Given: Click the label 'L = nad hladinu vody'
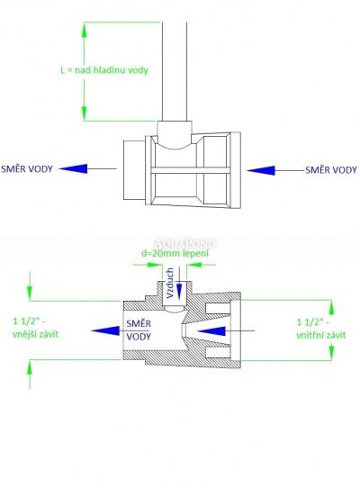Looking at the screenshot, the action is (104, 69).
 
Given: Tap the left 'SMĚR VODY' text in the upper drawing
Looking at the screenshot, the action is (27, 169).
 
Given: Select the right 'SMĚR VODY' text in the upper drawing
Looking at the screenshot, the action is (331, 170).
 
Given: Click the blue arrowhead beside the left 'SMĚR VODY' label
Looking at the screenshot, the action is (74, 168).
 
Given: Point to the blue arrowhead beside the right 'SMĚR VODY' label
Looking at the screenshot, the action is (261, 170).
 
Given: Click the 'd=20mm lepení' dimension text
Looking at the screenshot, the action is (175, 253).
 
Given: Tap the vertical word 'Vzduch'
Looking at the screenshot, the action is (170, 284).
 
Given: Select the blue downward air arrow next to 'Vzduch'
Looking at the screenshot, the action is (179, 284).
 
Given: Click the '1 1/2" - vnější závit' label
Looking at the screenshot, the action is (35, 328).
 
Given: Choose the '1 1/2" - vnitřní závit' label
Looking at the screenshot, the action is (320, 329).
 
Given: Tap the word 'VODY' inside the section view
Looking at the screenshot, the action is (139, 337).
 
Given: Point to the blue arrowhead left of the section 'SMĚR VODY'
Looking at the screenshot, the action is (105, 330).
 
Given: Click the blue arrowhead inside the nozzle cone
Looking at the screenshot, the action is (211, 330).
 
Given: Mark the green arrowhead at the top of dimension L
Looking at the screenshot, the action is (84, 30).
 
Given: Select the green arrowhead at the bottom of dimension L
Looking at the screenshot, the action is (84, 113).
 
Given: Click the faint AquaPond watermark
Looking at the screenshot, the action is (184, 243).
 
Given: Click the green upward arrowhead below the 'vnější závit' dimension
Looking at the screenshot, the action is (30, 367).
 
